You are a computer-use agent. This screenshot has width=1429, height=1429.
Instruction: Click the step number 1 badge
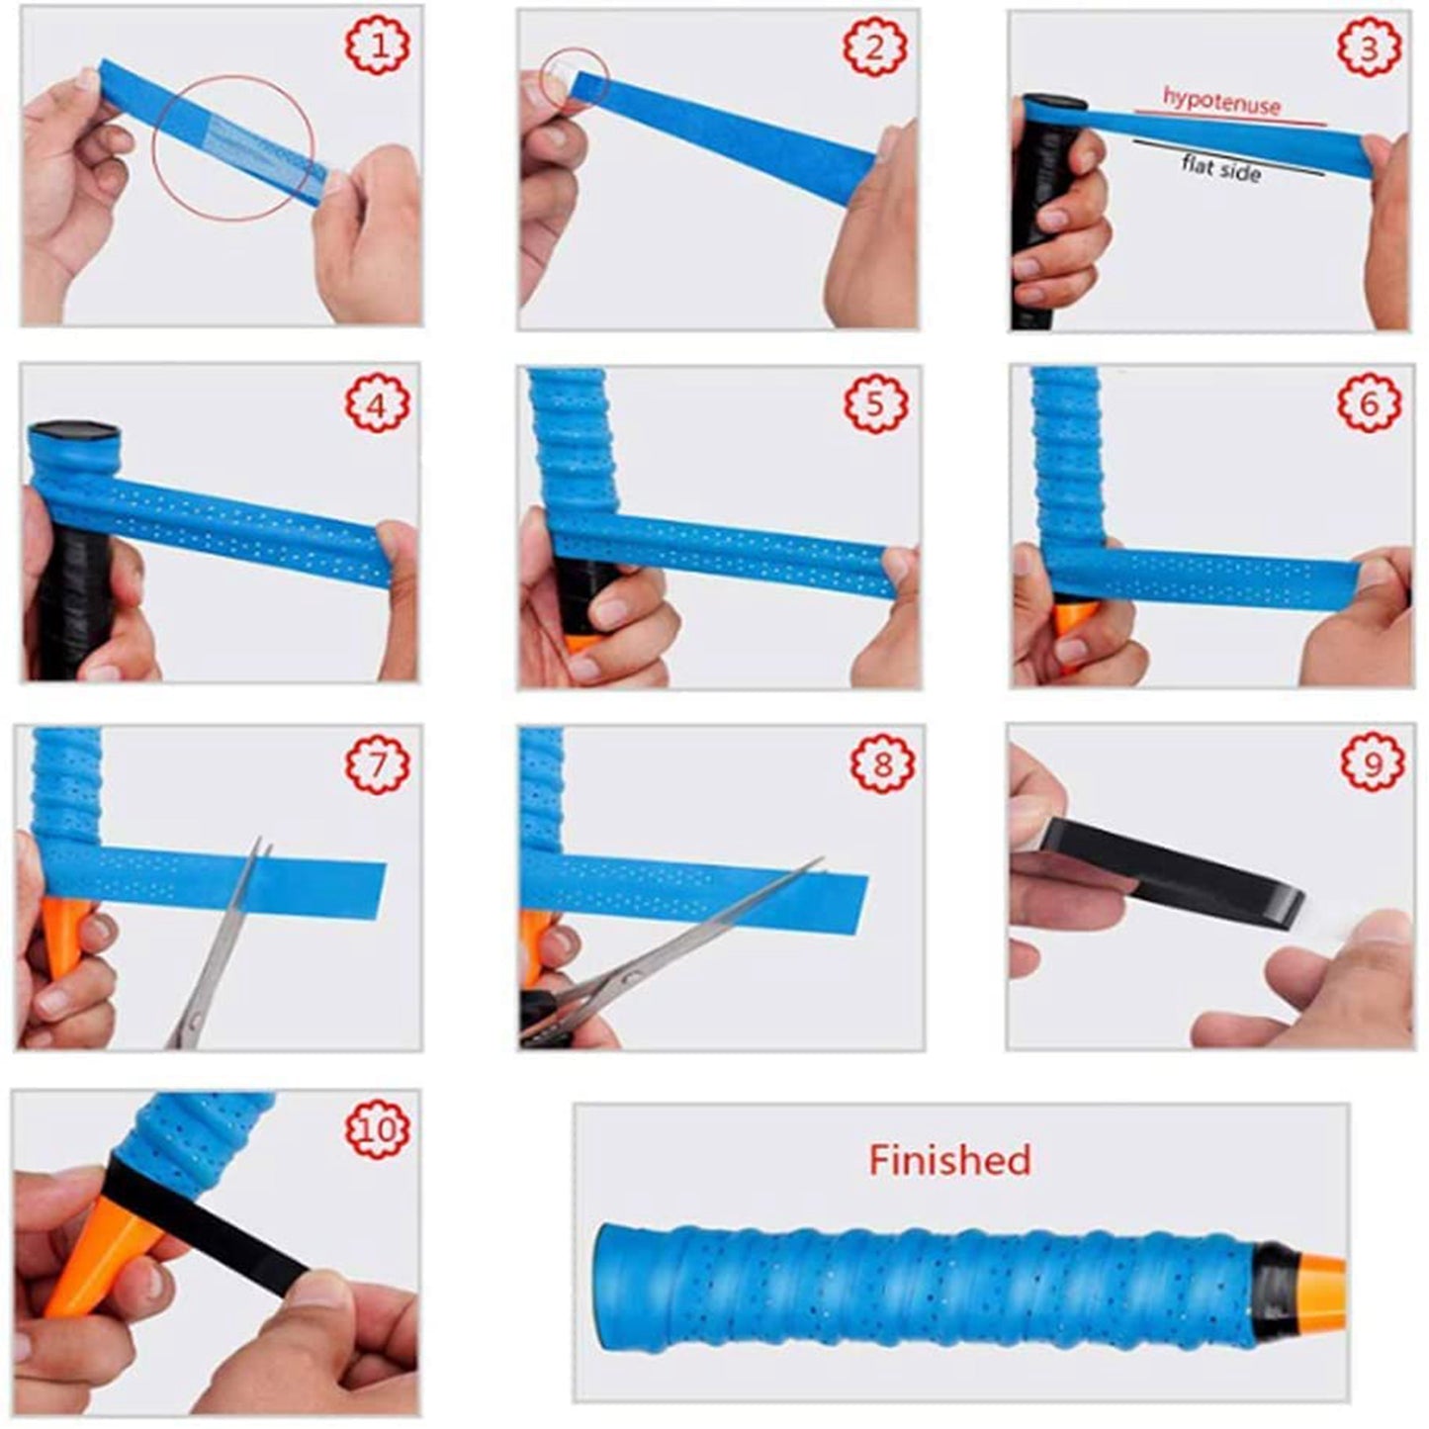point(377,45)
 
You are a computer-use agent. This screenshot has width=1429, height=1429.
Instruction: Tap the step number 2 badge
point(874,45)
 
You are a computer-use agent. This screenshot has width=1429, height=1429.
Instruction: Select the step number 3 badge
point(1369,48)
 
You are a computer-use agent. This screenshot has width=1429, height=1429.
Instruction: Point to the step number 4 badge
point(377,402)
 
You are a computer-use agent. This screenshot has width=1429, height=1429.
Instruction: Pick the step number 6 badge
point(1370,402)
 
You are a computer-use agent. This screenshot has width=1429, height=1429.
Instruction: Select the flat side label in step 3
point(1221,167)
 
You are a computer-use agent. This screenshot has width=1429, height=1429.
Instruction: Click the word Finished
point(949,1159)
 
